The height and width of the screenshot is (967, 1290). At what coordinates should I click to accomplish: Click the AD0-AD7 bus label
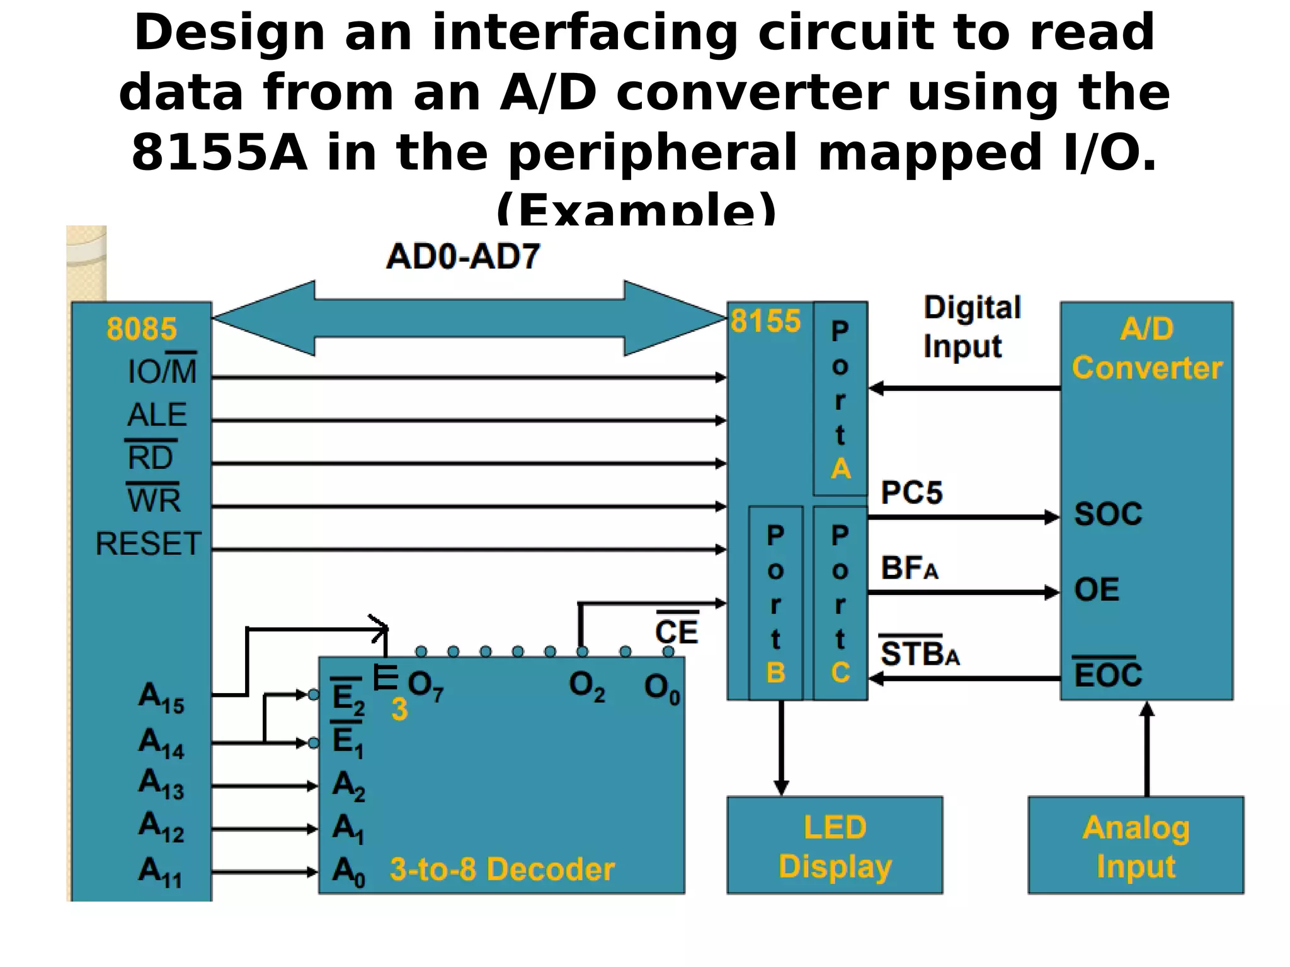(463, 257)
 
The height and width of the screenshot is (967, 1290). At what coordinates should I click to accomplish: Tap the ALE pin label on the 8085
(157, 415)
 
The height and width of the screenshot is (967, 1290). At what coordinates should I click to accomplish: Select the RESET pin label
(148, 543)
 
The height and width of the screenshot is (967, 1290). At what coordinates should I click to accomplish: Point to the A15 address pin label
(161, 698)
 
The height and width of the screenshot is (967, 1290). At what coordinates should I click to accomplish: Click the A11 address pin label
(160, 872)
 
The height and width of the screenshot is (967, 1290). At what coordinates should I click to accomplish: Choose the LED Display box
(835, 845)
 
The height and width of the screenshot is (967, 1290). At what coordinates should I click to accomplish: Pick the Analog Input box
(1136, 845)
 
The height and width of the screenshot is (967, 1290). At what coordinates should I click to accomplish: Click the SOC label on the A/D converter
(1108, 514)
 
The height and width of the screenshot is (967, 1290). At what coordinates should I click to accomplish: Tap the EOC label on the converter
(1108, 675)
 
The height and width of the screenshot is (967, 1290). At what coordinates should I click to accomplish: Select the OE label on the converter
(1097, 590)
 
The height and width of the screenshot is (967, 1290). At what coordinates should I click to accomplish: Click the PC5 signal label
(911, 492)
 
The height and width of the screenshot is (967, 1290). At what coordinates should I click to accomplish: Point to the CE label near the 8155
(676, 631)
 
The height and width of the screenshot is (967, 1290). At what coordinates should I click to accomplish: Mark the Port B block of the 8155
(776, 603)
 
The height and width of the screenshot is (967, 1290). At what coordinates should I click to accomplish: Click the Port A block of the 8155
(840, 399)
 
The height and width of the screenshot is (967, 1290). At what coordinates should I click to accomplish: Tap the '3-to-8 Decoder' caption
(502, 869)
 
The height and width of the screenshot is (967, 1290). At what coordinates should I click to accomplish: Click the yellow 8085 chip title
(142, 329)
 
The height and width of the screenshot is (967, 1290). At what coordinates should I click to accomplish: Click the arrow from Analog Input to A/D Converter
(1147, 749)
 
